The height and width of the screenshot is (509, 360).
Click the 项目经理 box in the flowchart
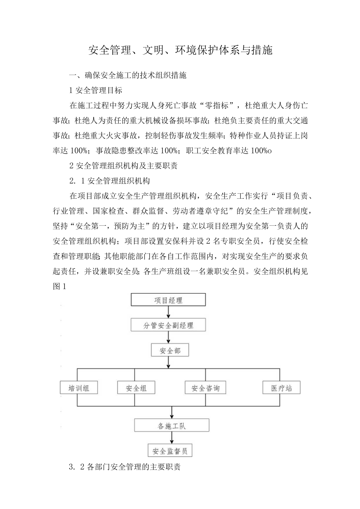168,300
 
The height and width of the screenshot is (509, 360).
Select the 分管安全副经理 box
168,325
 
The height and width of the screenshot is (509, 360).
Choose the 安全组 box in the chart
135,388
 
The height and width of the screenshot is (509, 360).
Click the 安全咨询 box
205,388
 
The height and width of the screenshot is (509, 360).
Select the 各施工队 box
172,426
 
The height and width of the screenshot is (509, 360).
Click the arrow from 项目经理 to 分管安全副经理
168,312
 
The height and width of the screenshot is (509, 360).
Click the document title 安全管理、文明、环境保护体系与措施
180,50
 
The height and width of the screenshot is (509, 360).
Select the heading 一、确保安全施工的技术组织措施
128,76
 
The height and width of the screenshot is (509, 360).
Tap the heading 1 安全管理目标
95,91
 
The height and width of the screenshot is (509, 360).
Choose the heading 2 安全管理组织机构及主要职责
123,166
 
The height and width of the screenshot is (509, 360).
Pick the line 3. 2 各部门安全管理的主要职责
124,467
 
